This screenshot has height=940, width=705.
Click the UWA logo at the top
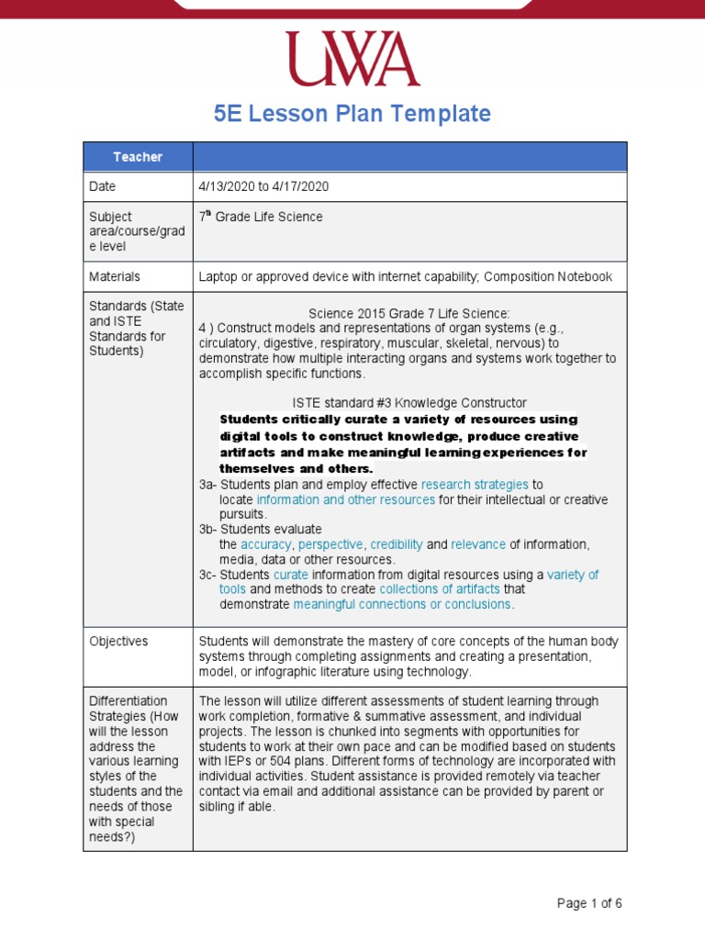352,60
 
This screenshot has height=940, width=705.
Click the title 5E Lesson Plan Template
352,114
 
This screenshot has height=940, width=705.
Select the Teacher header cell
138,157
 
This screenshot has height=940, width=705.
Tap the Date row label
103,186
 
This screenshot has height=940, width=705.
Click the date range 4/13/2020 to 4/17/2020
263,186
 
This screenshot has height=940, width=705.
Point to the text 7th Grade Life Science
261,217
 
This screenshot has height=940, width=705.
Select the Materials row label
114,276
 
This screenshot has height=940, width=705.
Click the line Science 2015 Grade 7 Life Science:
408,313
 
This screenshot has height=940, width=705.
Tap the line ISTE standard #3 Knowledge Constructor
408,403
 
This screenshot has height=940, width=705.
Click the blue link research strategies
475,484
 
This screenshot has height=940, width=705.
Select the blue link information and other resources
346,499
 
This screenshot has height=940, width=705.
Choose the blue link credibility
397,544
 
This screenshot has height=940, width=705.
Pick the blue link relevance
478,544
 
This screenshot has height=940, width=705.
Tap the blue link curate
290,575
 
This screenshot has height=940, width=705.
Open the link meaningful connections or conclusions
402,604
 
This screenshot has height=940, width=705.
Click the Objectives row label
118,641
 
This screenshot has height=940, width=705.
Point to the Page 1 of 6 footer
589,903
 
